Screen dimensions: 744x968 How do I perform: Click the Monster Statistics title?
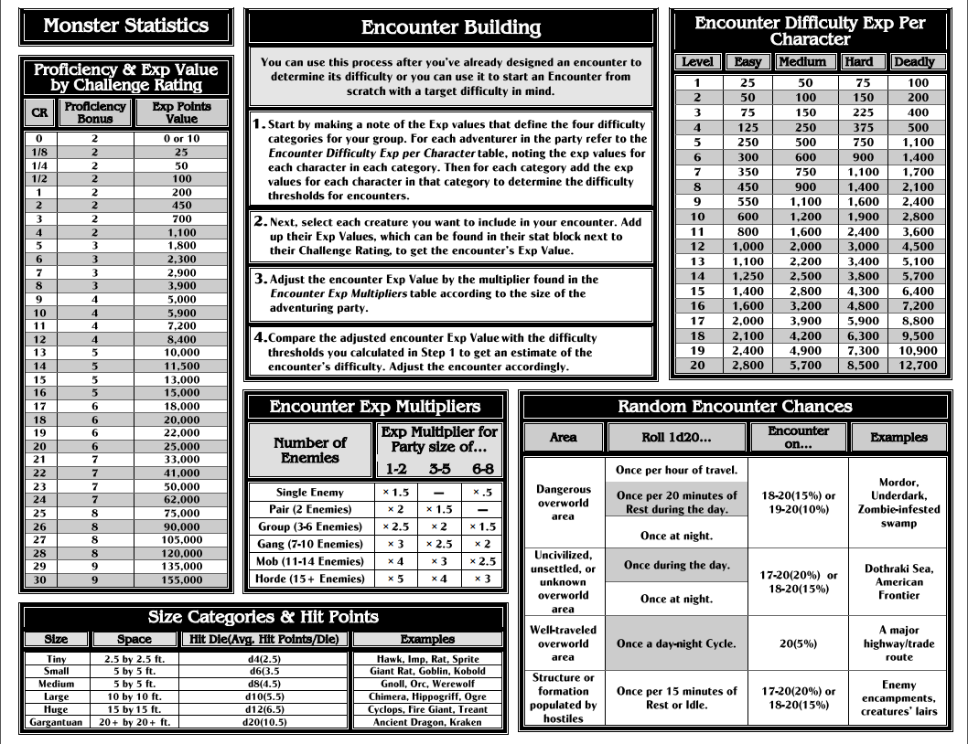pyautogui.click(x=125, y=26)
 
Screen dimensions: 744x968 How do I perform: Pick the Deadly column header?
pyautogui.click(x=916, y=62)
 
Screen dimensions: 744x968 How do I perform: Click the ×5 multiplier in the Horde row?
pyautogui.click(x=397, y=578)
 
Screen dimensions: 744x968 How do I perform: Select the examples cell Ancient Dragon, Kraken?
pyautogui.click(x=426, y=722)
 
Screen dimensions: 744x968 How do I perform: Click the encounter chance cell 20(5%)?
pyautogui.click(x=792, y=643)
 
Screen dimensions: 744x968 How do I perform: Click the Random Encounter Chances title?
pyautogui.click(x=735, y=407)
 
